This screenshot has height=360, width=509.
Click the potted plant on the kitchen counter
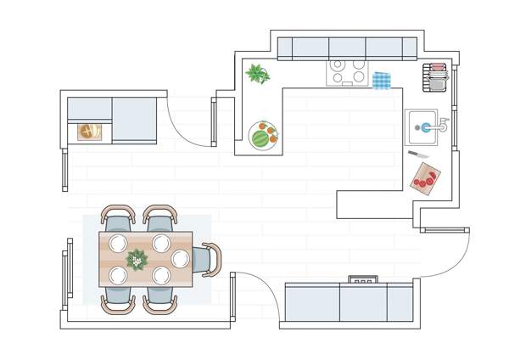click(257, 74)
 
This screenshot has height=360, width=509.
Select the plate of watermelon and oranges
click(263, 135)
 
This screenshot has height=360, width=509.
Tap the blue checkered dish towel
click(382, 80)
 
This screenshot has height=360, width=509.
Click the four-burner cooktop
click(347, 72)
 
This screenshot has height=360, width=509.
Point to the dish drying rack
click(437, 77)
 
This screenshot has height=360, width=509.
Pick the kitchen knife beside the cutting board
click(418, 155)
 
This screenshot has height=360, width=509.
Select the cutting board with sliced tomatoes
click(426, 178)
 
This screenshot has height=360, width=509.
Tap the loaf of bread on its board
click(89, 132)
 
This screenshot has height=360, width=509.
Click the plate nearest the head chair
click(180, 259)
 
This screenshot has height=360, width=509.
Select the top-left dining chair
click(117, 217)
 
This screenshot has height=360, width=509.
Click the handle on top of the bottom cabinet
click(363, 278)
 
